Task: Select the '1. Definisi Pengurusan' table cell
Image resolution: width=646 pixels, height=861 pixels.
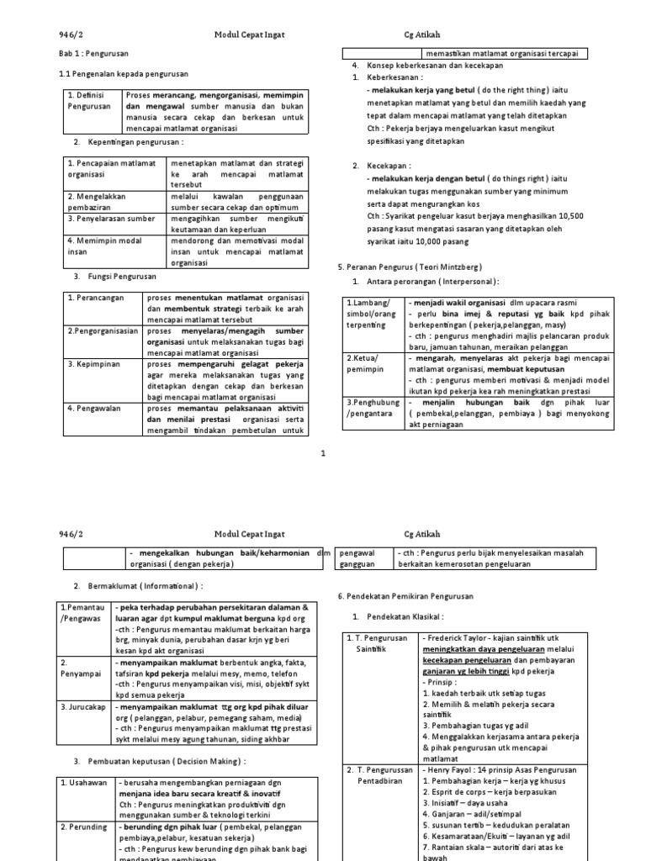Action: [91, 101]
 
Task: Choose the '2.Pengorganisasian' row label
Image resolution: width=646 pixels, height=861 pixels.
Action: [103, 332]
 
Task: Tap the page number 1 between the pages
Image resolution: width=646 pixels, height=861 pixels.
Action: [323, 453]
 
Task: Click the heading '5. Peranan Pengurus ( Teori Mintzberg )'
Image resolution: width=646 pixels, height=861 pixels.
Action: [407, 266]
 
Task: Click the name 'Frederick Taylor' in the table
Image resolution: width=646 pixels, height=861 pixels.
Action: [459, 638]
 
